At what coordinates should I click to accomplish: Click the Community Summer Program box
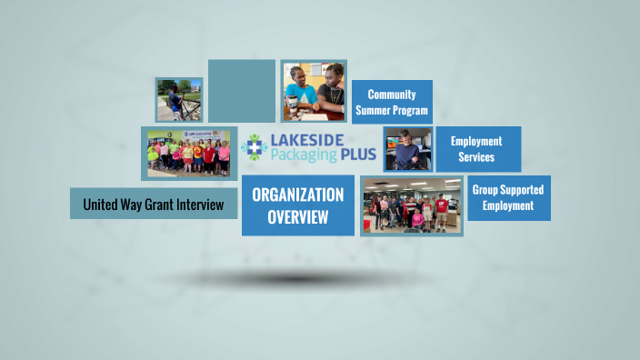coord(392,102)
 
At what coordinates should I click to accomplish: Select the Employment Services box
coord(476,149)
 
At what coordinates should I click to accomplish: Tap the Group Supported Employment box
coord(508,198)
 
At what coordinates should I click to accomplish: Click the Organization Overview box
coord(297,205)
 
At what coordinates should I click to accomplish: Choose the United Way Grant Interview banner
coord(153,205)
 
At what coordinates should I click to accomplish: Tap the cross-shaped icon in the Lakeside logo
coord(255,149)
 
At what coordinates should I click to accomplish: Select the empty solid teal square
coord(241,91)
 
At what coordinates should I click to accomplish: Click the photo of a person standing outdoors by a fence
coord(178,99)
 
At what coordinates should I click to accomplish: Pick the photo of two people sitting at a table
coord(314,91)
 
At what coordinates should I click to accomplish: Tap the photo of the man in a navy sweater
coord(406,149)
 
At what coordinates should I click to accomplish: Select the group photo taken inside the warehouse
coord(411,205)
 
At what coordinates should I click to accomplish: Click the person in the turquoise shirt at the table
coord(300,94)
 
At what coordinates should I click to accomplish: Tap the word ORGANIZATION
coord(297,195)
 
